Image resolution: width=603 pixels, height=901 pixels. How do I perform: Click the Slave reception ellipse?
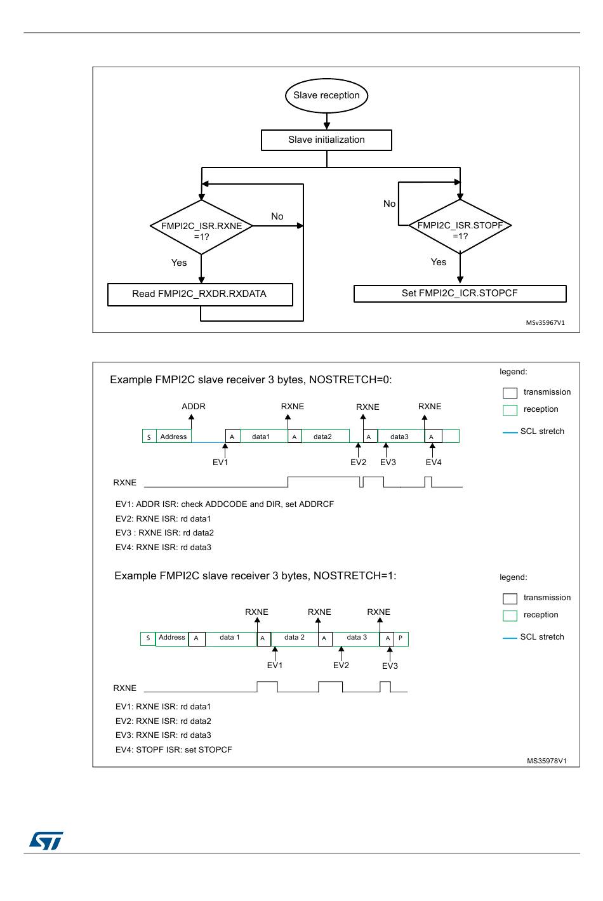(326, 95)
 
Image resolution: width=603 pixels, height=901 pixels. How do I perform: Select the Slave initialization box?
(326, 140)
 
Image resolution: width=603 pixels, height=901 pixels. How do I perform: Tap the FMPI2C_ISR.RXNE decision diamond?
(201, 227)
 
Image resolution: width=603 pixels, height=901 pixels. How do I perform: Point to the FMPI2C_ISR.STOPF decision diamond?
(460, 227)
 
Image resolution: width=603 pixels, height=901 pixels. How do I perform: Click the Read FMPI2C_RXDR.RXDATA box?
(200, 294)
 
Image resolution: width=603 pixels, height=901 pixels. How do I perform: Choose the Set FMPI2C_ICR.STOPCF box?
(460, 294)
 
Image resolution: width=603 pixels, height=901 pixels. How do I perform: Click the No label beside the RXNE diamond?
(277, 216)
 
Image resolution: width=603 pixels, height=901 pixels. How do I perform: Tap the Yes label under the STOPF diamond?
(439, 262)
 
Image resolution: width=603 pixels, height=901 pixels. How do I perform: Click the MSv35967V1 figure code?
(545, 322)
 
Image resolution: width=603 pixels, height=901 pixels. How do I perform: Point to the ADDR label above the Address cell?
(194, 406)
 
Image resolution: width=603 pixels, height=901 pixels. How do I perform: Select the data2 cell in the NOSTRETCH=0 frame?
(326, 437)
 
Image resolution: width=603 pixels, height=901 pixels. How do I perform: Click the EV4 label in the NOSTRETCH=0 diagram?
(434, 462)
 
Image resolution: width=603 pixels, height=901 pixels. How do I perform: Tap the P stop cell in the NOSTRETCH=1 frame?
(401, 638)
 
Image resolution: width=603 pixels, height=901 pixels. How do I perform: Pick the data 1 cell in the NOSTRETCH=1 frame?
(231, 638)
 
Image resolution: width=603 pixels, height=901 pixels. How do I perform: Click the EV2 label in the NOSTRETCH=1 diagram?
(341, 666)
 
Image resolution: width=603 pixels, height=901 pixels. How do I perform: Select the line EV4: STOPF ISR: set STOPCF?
(173, 749)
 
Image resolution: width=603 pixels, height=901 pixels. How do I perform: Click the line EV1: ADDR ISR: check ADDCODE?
(225, 504)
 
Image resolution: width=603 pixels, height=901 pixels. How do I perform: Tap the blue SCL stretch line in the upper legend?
(510, 432)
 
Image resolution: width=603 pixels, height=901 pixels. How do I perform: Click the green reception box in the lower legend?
(510, 615)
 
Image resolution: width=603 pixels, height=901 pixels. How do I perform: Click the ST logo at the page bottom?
(46, 840)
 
